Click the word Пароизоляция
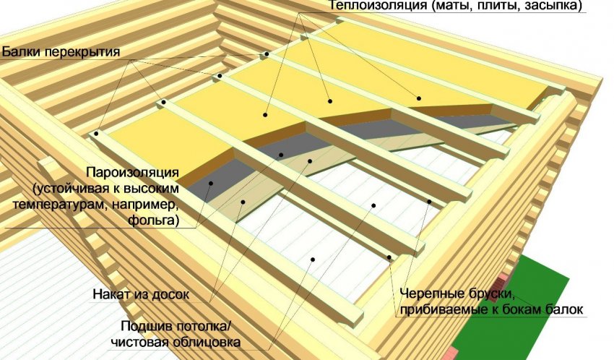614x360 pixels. (x=133, y=172)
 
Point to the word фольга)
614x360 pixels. (x=153, y=220)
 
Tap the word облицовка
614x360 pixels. (x=207, y=342)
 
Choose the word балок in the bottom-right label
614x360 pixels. (x=564, y=309)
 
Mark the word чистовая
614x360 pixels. (x=140, y=342)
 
